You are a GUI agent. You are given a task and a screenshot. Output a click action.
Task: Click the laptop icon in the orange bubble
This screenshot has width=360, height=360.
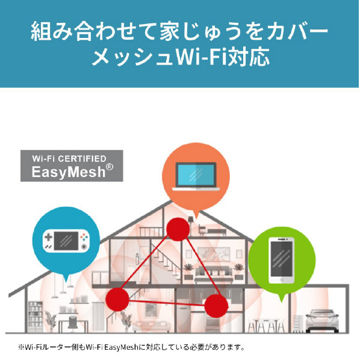tap(196, 176)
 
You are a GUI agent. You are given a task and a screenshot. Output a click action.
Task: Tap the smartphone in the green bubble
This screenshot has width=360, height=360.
tap(282, 260)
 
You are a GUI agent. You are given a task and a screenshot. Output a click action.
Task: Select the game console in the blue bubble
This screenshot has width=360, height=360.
tap(66, 241)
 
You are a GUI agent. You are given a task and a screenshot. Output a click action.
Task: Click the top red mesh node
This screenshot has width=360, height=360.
tap(178, 229)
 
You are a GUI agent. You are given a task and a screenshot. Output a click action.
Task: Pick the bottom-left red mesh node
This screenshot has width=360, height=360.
tap(117, 299)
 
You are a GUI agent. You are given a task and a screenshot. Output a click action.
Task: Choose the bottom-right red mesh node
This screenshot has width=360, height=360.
tap(216, 306)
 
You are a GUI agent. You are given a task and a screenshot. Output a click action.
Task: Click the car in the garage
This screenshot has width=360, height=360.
tap(322, 321)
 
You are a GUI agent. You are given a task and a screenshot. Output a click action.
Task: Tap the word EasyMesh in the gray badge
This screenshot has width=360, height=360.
tap(69, 172)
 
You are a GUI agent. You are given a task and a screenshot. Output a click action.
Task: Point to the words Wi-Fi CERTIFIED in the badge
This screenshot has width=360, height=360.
tap(69, 159)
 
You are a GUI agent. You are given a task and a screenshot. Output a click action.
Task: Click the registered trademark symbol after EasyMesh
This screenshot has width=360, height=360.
tap(110, 167)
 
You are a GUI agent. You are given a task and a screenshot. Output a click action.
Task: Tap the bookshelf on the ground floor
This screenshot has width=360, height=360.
tap(36, 317)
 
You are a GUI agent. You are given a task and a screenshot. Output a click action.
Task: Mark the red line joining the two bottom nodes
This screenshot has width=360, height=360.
tap(167, 303)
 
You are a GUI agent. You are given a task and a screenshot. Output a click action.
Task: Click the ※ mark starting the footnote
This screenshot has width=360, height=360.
tap(21, 347)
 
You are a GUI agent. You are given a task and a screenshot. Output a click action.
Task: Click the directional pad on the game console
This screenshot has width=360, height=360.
tap(48, 237)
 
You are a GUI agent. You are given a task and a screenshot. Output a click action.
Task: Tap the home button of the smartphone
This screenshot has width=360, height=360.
tap(282, 280)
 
